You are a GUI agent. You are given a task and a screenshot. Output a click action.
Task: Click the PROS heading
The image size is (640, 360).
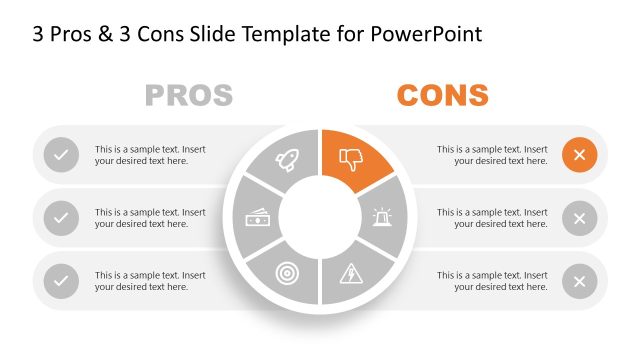point(189,95)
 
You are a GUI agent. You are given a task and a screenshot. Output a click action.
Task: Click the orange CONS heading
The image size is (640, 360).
point(442,95)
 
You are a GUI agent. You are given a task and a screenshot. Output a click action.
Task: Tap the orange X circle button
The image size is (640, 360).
point(579,155)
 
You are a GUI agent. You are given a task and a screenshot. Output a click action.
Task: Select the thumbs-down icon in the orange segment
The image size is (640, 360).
point(351,158)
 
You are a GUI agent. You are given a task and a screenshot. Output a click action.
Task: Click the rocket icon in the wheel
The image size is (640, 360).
point(288,158)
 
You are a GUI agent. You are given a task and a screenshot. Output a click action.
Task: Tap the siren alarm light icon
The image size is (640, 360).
point(383,216)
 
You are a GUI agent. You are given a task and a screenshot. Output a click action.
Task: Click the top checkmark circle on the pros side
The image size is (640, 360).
point(61,155)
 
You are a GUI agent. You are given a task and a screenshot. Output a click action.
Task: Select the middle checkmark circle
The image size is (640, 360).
point(61,217)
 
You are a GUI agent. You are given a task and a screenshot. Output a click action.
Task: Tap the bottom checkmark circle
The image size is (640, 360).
point(61,281)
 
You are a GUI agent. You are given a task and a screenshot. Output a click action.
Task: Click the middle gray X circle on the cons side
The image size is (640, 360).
point(579,217)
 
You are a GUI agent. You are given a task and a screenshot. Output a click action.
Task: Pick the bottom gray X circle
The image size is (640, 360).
point(579,281)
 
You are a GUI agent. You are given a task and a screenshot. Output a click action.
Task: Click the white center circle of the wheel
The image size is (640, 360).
point(320,217)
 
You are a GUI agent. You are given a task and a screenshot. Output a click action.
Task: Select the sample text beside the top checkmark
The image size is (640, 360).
point(150,155)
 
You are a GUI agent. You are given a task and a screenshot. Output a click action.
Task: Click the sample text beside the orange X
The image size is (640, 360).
point(492,155)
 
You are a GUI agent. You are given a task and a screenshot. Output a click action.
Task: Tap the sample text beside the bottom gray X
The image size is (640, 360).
point(492,281)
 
